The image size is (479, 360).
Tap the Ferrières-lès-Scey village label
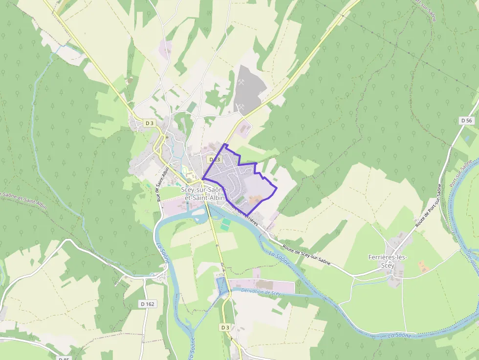click(388, 261)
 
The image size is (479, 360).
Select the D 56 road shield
click(467, 120)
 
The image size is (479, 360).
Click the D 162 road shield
click(147, 304)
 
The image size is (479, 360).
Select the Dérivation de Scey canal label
click(261, 292)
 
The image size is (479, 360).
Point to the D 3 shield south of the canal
click(225, 327)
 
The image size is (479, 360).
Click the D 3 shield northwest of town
click(150, 124)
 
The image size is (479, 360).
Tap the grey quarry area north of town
click(248, 88)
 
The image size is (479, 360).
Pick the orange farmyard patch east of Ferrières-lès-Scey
click(422, 266)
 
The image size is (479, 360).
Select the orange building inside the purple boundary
click(255, 199)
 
